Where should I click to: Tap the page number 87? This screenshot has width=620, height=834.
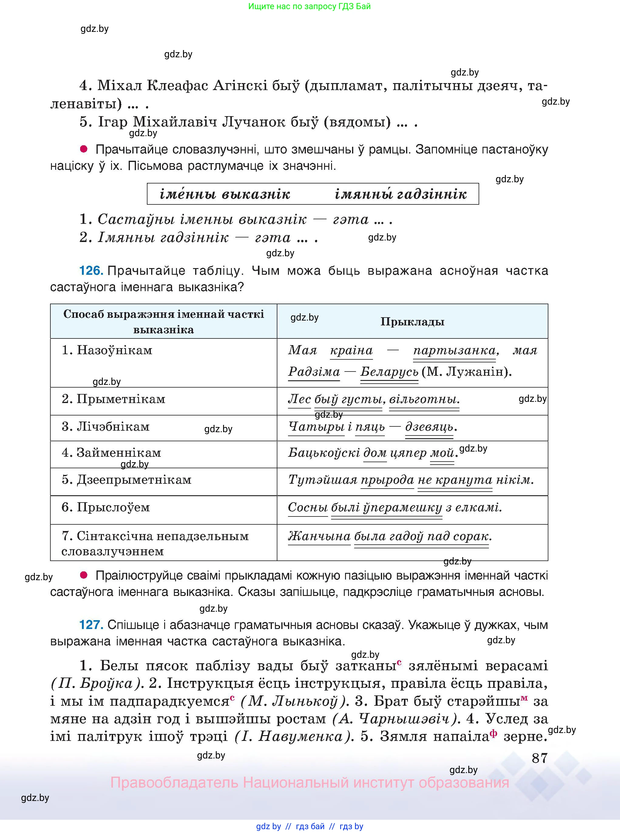point(540,758)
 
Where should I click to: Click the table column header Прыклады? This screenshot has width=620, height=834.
point(412,322)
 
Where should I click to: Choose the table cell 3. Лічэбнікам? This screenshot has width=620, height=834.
point(106,427)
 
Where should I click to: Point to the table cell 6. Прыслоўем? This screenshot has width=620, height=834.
point(106,507)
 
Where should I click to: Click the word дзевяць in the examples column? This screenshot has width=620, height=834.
point(429,427)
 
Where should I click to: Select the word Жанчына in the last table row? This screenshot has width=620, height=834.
point(319,536)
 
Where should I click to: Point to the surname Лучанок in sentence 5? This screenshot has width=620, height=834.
point(244,122)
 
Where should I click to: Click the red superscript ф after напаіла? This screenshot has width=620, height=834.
point(493,733)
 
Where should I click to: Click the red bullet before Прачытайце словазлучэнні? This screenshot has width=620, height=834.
point(83,149)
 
